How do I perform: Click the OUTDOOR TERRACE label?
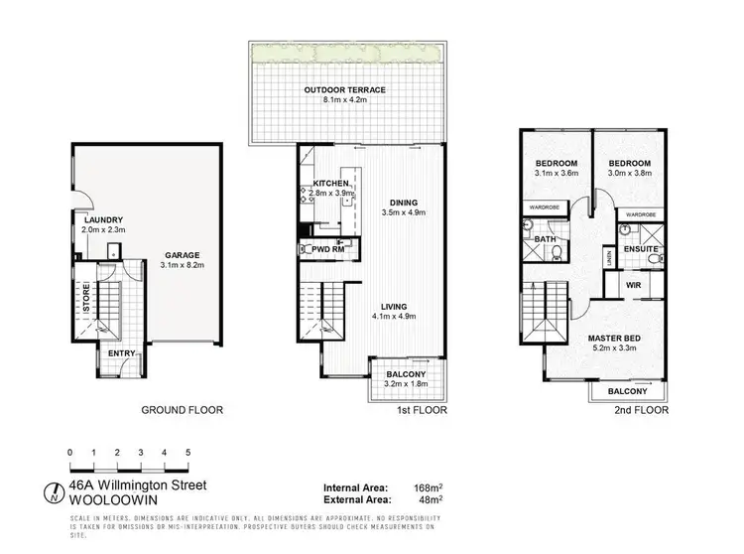click(344, 90)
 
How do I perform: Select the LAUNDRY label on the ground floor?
click(102, 219)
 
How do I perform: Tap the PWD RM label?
click(326, 250)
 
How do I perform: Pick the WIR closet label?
click(631, 288)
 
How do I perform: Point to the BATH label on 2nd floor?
click(544, 239)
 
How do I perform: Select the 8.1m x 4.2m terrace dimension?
click(344, 100)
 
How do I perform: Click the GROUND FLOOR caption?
click(182, 409)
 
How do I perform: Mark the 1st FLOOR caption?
click(422, 409)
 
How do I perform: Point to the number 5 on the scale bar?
click(187, 452)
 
